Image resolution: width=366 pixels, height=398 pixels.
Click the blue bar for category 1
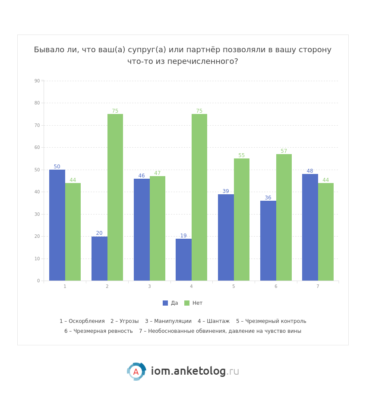[57, 225]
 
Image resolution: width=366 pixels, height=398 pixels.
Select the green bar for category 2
[115, 197]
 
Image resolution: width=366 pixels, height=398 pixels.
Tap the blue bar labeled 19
[183, 259]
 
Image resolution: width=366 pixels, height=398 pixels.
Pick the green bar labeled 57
[284, 217]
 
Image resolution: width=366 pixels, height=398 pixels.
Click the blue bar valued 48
[310, 227]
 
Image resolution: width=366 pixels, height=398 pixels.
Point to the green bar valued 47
[158, 228]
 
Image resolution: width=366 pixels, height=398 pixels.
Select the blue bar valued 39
[226, 237]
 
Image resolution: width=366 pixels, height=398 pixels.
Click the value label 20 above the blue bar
[99, 233]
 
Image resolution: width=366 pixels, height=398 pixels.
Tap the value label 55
[242, 155]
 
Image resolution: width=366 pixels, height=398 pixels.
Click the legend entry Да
[170, 303]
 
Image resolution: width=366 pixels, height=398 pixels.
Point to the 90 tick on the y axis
[37, 81]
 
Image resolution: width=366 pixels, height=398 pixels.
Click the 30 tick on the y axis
[37, 214]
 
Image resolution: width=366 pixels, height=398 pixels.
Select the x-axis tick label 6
[276, 286]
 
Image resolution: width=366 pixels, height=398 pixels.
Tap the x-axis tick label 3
[149, 286]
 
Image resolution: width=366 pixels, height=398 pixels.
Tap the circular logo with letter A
[136, 372]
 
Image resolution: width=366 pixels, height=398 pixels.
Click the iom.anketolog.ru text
[195, 371]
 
